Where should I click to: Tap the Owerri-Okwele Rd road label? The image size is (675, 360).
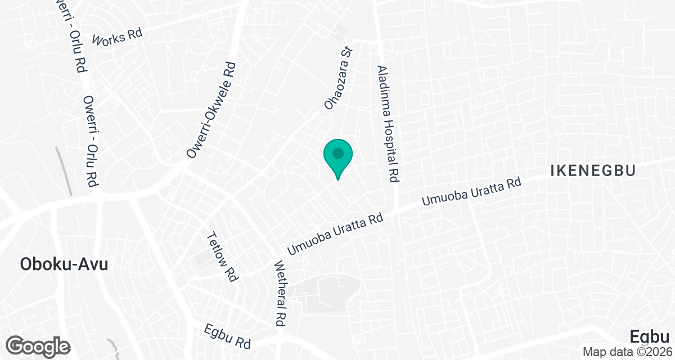pos(211,110)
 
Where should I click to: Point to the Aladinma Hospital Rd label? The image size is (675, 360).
pos(388,123)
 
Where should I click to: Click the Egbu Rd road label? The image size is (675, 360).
pos(227,336)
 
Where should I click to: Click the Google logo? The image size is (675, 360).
pos(38,345)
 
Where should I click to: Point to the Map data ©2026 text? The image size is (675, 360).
pos(627,352)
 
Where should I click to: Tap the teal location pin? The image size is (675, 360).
pos(338,157)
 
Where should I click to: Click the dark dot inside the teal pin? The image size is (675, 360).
pos(338,153)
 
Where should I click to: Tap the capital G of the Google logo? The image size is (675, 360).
pos(17,345)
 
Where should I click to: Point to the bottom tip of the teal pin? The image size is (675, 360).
pos(338,179)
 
